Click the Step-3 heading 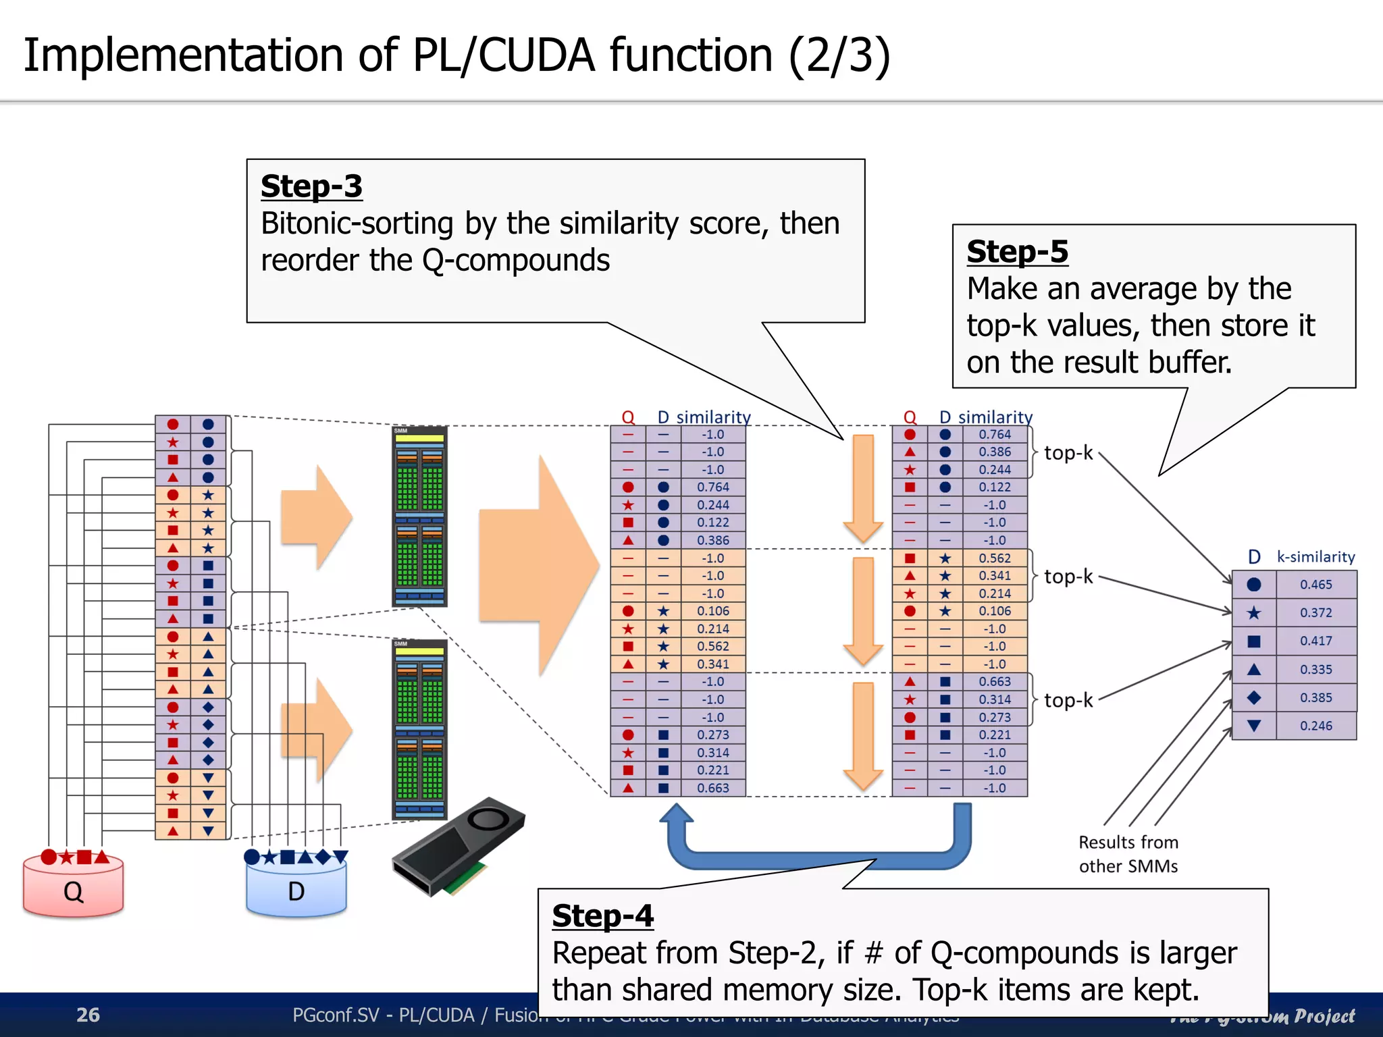pyautogui.click(x=311, y=186)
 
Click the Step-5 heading pyautogui.click(x=1017, y=252)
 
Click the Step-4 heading pyautogui.click(x=602, y=916)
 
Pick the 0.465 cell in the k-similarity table pyautogui.click(x=1315, y=585)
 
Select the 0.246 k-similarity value pyautogui.click(x=1315, y=726)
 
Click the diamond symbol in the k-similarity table pyautogui.click(x=1253, y=697)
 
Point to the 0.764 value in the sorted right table pyautogui.click(x=995, y=435)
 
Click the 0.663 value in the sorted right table pyautogui.click(x=995, y=682)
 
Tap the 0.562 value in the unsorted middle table pyautogui.click(x=713, y=646)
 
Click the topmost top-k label pyautogui.click(x=1068, y=453)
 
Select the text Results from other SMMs pyautogui.click(x=1128, y=854)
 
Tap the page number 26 pyautogui.click(x=88, y=1015)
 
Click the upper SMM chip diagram pyautogui.click(x=419, y=516)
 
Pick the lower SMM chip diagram pyautogui.click(x=419, y=729)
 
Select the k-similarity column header pyautogui.click(x=1315, y=557)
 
